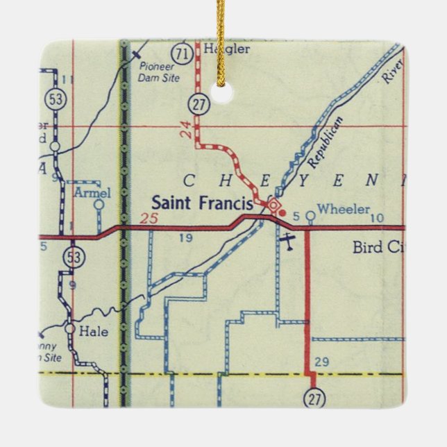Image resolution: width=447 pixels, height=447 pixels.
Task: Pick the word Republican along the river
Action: point(326,143)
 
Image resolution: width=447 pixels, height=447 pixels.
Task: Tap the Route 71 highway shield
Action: point(183,54)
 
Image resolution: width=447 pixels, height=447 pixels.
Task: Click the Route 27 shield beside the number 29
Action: point(314,399)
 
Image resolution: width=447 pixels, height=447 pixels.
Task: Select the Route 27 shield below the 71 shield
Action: point(196,106)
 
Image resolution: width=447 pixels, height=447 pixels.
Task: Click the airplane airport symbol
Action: point(287,240)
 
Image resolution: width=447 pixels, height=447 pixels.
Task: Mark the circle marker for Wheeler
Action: point(310,216)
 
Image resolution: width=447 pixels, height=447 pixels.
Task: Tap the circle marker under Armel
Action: point(99,205)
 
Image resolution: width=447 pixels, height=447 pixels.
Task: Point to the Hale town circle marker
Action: point(71,329)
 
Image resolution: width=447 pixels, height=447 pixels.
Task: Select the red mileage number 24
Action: point(185,128)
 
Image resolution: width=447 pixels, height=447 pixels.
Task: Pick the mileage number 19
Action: point(185,239)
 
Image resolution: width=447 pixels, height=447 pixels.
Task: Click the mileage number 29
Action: point(321,361)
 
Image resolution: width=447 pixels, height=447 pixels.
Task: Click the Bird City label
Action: point(377,247)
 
